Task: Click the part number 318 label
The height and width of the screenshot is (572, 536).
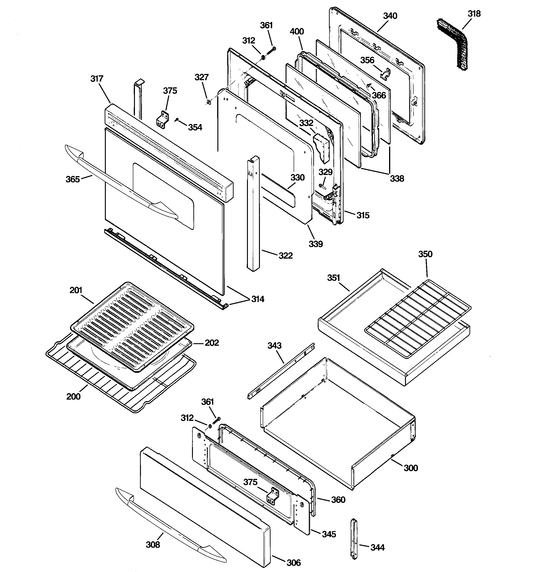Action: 474,14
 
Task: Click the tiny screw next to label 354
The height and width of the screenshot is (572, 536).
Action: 177,119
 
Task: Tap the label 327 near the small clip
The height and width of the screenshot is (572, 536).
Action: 201,77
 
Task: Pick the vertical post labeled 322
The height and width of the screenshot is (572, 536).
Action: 253,213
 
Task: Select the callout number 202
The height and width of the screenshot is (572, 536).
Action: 212,343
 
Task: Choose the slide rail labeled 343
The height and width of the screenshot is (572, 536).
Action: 280,371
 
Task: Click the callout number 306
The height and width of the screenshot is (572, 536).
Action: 293,563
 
